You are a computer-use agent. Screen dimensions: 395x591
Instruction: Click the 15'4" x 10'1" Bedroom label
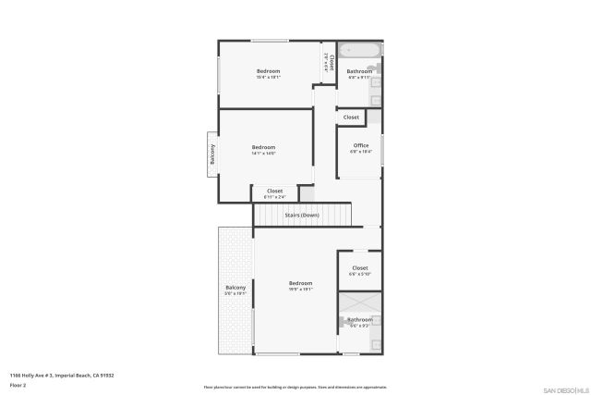[x=268, y=73]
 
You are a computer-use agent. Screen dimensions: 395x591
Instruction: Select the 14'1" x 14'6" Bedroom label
[x=263, y=150]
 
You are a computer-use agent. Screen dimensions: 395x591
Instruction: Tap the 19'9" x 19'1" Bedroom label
[x=300, y=285]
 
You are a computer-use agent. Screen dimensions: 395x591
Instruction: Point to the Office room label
[x=360, y=145]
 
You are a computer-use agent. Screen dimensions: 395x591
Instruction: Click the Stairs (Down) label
[x=302, y=215]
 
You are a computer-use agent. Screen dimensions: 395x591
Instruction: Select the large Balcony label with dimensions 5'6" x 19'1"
[x=235, y=290]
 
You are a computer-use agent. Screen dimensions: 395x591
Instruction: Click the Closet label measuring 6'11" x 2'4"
[x=274, y=192]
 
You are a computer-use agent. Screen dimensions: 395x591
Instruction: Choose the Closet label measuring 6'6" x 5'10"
[x=359, y=270]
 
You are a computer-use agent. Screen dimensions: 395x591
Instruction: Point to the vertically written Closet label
[x=331, y=64]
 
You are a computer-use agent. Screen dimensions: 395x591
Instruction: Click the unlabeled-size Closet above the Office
[x=351, y=117]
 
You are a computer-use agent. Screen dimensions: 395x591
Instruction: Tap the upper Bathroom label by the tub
[x=359, y=71]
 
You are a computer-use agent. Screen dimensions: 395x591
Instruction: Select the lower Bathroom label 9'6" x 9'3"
[x=359, y=321]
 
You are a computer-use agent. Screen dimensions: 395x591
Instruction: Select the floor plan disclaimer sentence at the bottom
[x=295, y=388]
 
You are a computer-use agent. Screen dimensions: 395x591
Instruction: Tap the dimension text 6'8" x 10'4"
[x=360, y=152]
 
